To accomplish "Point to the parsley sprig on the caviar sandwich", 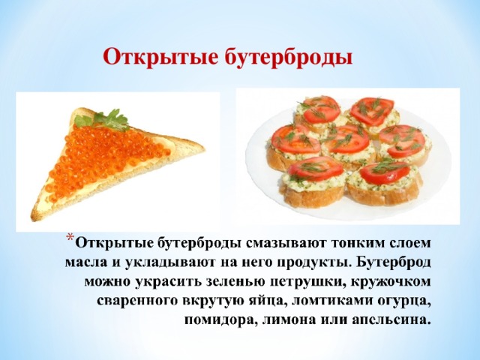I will pos(112,118).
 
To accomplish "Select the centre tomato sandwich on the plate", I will pos(347,143).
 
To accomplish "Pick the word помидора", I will pos(217,321).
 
